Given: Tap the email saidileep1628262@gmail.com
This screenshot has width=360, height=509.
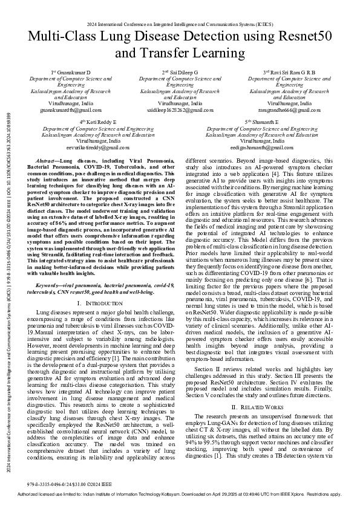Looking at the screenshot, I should [x=180, y=111].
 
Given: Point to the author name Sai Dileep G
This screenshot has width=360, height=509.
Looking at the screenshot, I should [x=183, y=73].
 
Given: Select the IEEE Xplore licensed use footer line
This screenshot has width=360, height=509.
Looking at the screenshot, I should [x=180, y=494].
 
